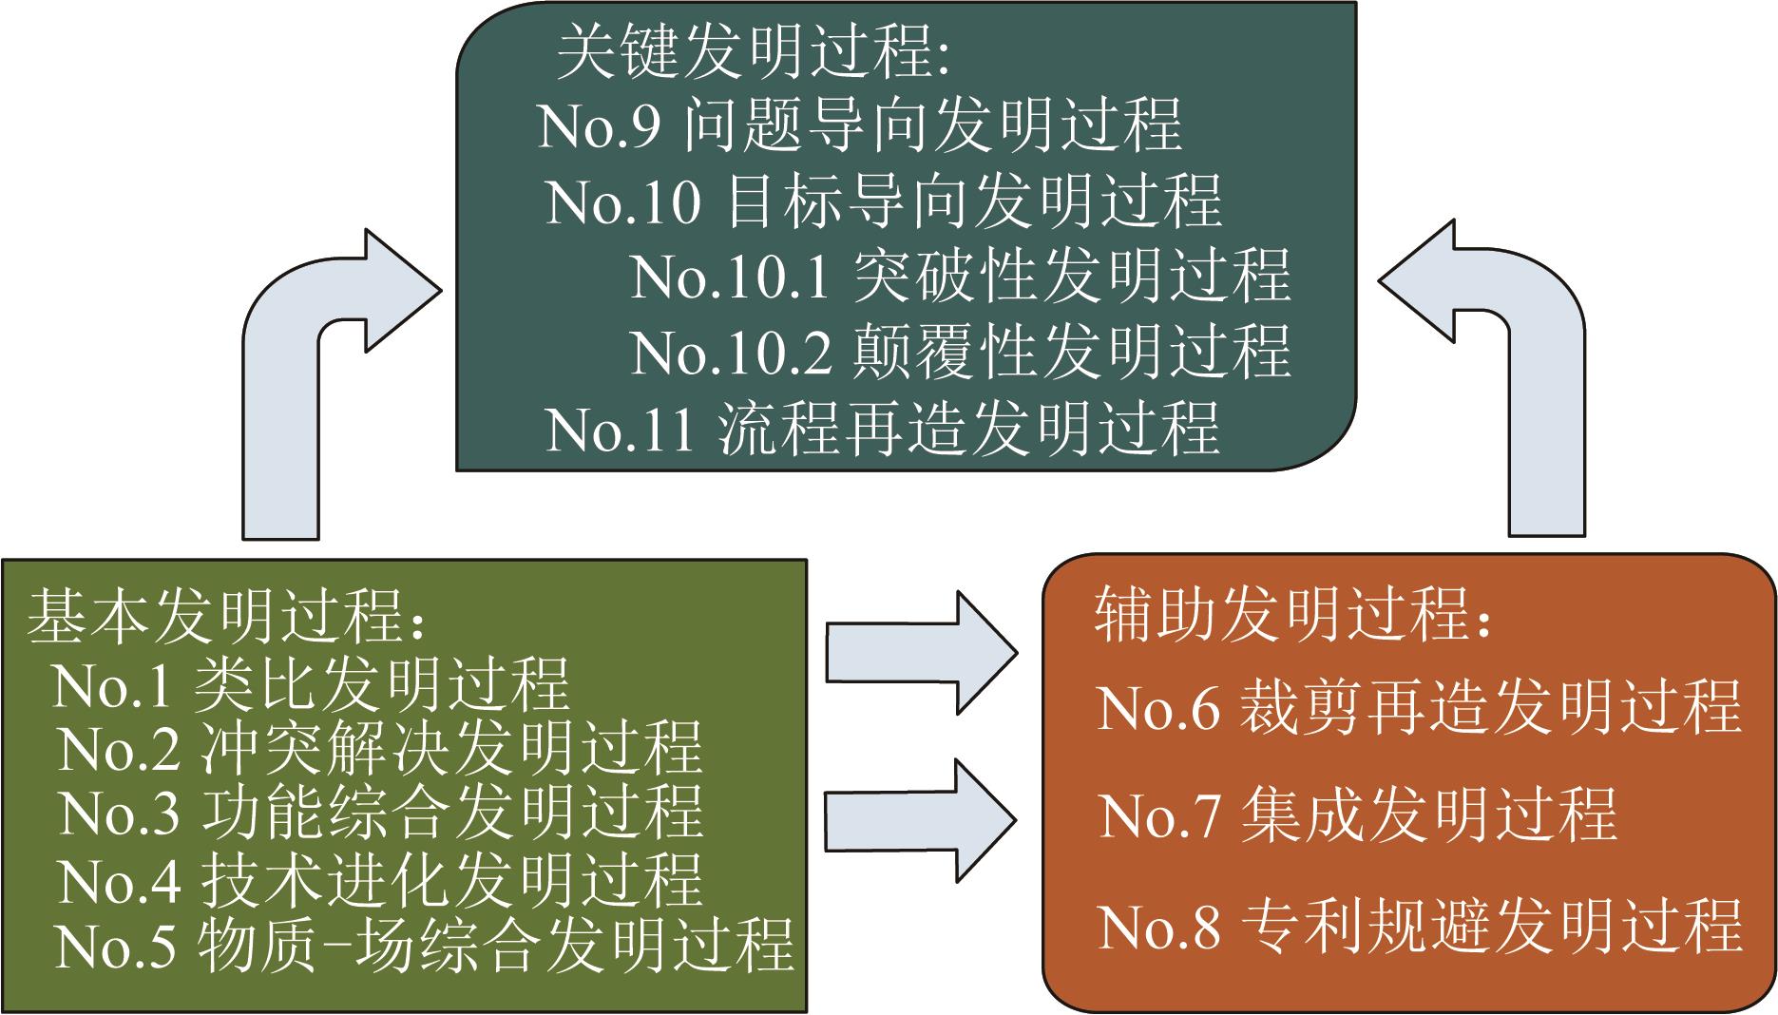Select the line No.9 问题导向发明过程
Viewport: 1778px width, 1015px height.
[860, 125]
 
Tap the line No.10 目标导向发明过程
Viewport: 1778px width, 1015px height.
[884, 201]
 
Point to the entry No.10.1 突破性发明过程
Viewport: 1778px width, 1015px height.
[960, 277]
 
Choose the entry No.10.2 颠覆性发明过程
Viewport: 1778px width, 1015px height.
[960, 352]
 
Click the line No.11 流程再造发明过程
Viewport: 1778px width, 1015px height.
[882, 429]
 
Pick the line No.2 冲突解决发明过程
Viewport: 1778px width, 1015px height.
[380, 749]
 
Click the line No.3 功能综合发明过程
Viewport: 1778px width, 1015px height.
[380, 814]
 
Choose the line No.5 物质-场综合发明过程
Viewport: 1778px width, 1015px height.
[424, 946]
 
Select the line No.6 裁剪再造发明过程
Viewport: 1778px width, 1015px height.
[1419, 708]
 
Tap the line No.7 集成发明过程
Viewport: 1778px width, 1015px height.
[1357, 815]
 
